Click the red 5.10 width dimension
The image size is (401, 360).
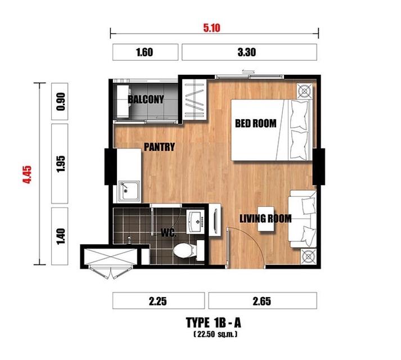point(212,28)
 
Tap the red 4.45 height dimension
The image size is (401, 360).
point(27,174)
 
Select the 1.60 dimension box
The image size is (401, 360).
point(145,52)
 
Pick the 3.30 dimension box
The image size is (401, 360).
point(249,52)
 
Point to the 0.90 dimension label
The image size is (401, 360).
point(61,101)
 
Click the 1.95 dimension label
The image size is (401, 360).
point(61,164)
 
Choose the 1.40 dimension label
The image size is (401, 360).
point(61,236)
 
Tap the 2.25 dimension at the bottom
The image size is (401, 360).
point(158,301)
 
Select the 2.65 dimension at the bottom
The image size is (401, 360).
point(262,301)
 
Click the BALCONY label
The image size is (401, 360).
point(146,99)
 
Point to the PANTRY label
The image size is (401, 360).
point(159,147)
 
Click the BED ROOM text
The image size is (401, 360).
point(256,123)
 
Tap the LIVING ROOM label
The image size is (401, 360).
point(265,218)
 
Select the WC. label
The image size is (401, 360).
point(169,232)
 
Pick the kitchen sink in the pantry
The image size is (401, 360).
point(129,191)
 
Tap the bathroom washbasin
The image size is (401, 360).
point(195,222)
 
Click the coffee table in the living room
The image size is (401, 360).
point(265,218)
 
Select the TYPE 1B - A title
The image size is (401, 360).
point(213,322)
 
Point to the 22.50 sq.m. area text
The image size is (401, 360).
point(215,334)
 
